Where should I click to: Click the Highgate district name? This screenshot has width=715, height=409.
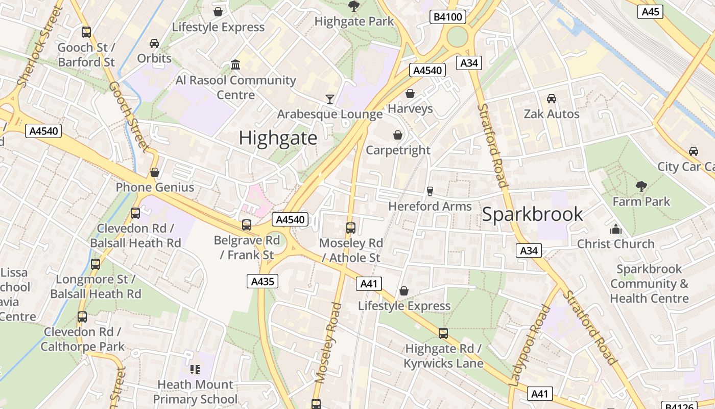278,138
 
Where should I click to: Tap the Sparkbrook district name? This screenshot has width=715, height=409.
532,214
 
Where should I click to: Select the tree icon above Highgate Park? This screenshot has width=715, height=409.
353,6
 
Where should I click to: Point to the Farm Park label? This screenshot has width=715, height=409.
641,201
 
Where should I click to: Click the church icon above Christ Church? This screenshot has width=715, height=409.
615,229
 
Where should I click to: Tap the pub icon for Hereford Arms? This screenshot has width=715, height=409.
430,191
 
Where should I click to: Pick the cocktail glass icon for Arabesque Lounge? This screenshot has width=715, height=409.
330,99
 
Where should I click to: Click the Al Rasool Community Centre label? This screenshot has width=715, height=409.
235,87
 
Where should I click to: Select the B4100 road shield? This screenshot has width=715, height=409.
447,17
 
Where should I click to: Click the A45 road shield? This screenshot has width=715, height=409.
650,11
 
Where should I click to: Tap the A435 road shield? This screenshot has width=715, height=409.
263,281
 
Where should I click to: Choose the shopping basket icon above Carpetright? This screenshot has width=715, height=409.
398,135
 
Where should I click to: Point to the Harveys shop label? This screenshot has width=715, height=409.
410,108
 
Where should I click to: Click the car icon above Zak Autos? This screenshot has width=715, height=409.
551,98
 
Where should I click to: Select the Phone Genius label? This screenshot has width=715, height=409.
155,187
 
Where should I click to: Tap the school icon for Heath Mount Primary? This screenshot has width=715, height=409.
195,369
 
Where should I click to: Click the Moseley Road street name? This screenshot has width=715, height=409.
328,343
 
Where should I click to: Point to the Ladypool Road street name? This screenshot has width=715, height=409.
530,345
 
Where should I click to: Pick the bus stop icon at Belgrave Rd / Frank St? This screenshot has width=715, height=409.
247,225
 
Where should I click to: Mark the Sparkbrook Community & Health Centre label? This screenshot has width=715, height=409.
649,284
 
